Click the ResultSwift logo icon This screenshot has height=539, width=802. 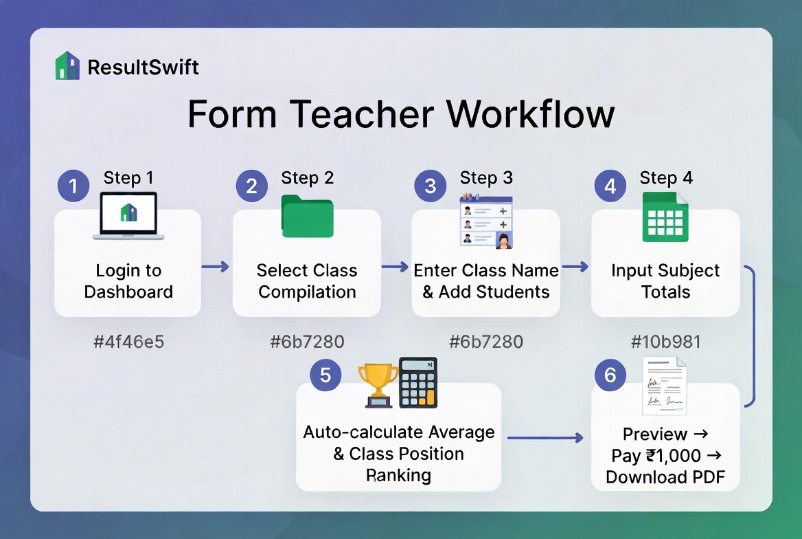tap(67, 66)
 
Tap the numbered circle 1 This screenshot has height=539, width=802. tap(73, 186)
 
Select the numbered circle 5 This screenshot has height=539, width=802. tap(325, 375)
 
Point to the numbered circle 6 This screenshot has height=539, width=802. tap(610, 375)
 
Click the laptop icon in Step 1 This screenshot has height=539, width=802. tap(128, 216)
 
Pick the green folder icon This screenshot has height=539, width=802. tap(307, 217)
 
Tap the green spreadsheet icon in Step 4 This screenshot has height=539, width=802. tap(665, 217)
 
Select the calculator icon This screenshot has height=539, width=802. tap(418, 382)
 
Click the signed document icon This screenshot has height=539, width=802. tap(664, 386)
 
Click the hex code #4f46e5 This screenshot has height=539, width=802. tap(128, 341)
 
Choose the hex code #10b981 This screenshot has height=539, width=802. tap(665, 341)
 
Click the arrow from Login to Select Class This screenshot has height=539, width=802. tap(216, 267)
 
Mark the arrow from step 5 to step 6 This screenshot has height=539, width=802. tap(545, 437)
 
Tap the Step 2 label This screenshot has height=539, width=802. tap(307, 178)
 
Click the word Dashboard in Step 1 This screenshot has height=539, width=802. tap(128, 291)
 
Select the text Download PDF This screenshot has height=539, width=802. tap(665, 477)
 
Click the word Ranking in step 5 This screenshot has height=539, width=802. tap(398, 475)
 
